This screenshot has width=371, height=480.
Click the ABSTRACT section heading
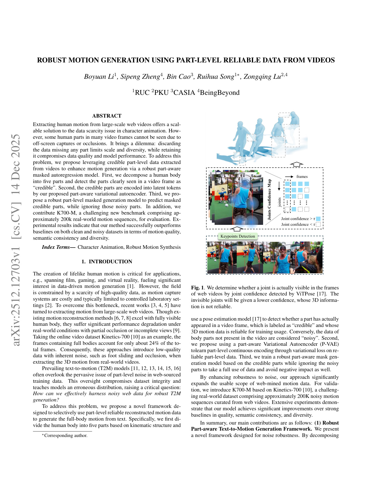pos(107,116)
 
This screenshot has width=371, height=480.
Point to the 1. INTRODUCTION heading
pos(107,262)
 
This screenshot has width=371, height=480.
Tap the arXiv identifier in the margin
pos(16,239)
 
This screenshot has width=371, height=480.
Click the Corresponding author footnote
pos(65,435)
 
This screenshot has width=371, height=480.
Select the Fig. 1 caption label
pos(197,288)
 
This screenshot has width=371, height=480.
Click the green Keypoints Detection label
pos(238,236)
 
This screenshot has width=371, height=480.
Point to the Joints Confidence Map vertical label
pos(269,199)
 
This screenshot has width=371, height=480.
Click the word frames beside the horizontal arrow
pos(302,177)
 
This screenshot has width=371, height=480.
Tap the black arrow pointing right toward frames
pos(289,177)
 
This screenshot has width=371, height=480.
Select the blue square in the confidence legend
pos(318,218)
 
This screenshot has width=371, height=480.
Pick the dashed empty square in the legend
pos(318,225)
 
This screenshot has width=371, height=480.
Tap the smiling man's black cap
pos(283,248)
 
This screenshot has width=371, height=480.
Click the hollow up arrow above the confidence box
pos(296,165)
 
